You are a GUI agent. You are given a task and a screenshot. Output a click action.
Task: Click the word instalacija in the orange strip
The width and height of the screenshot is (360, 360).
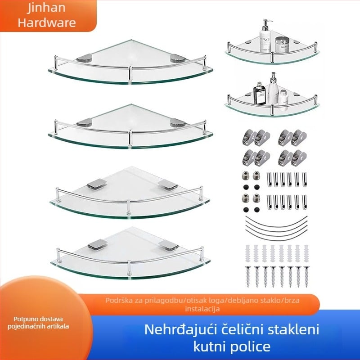coord(202,309)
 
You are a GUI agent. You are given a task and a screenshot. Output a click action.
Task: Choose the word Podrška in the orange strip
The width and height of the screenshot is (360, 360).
coord(118,300)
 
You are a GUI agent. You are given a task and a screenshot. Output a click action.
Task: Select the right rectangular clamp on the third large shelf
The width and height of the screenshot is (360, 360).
coord(167,184)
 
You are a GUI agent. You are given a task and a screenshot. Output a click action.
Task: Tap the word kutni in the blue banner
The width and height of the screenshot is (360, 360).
coord(212,346)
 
